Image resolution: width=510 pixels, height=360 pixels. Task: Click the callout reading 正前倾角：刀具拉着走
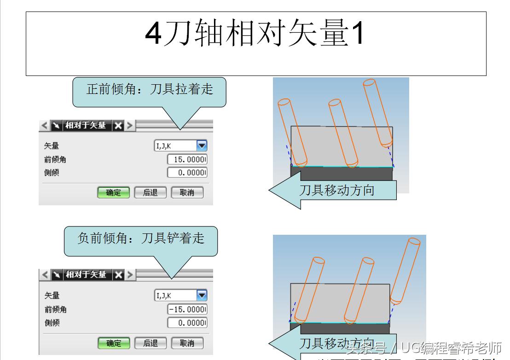pos(150,89)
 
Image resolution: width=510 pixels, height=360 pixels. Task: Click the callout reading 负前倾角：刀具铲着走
pos(140,238)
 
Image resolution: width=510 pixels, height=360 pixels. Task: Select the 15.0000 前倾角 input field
pos(187,160)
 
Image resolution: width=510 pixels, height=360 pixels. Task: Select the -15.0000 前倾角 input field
pos(187,309)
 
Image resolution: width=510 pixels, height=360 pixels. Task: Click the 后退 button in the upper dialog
pos(150,192)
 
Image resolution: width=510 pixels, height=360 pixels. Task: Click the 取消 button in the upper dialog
pos(187,192)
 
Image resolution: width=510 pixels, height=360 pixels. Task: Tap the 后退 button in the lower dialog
pos(150,343)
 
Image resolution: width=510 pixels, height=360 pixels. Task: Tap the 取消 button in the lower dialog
pos(187,343)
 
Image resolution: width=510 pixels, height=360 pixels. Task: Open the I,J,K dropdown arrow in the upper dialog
pos(202,146)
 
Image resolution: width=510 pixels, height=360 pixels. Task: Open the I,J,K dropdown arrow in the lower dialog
pos(202,296)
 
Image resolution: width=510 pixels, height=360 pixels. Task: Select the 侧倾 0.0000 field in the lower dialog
pos(187,323)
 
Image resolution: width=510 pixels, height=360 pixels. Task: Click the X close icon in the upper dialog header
pos(118,125)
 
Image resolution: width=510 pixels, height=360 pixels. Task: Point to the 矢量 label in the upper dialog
pos(52,146)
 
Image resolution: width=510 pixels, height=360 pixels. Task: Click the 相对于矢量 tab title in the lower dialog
pos(86,275)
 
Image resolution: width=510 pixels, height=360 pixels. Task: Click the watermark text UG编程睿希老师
pos(451,347)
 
